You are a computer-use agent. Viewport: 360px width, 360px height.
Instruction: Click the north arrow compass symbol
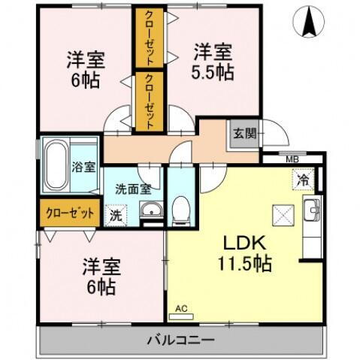308,21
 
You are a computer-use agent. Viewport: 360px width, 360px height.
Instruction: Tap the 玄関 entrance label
244,135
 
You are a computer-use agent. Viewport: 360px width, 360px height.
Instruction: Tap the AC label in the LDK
180,308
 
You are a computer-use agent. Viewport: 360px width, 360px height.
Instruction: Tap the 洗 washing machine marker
116,214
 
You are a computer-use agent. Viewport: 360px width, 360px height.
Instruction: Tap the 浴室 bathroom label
83,166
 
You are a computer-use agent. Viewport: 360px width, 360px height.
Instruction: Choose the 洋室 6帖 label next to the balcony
98,276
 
